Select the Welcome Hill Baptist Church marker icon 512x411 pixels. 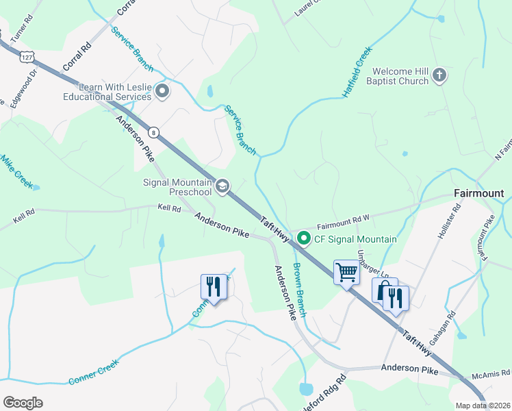click(439, 76)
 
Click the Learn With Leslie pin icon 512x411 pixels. click(162, 91)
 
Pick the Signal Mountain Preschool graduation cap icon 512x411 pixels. click(222, 186)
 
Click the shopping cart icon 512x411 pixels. click(346, 273)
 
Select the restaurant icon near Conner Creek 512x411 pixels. click(214, 286)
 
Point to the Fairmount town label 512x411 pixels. click(479, 194)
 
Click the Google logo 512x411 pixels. click(23, 403)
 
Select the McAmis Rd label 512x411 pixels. click(491, 375)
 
